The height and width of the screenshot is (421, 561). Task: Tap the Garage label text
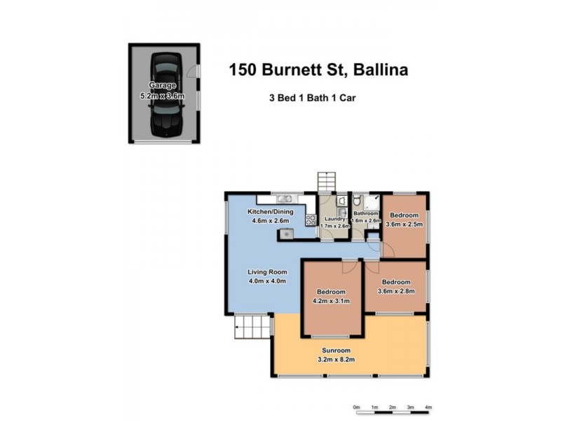(163, 85)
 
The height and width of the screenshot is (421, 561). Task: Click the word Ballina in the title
(381, 69)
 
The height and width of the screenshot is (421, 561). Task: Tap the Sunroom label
(337, 350)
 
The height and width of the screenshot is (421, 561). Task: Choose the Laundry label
(334, 219)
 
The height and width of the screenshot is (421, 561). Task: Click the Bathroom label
(366, 213)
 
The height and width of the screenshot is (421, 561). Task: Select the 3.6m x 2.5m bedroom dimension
(405, 225)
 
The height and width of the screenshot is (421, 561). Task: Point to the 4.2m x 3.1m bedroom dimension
(331, 301)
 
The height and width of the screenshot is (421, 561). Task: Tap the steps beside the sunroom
(251, 326)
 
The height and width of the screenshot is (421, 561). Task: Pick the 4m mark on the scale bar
(428, 407)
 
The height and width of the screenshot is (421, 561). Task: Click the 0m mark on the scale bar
(356, 407)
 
